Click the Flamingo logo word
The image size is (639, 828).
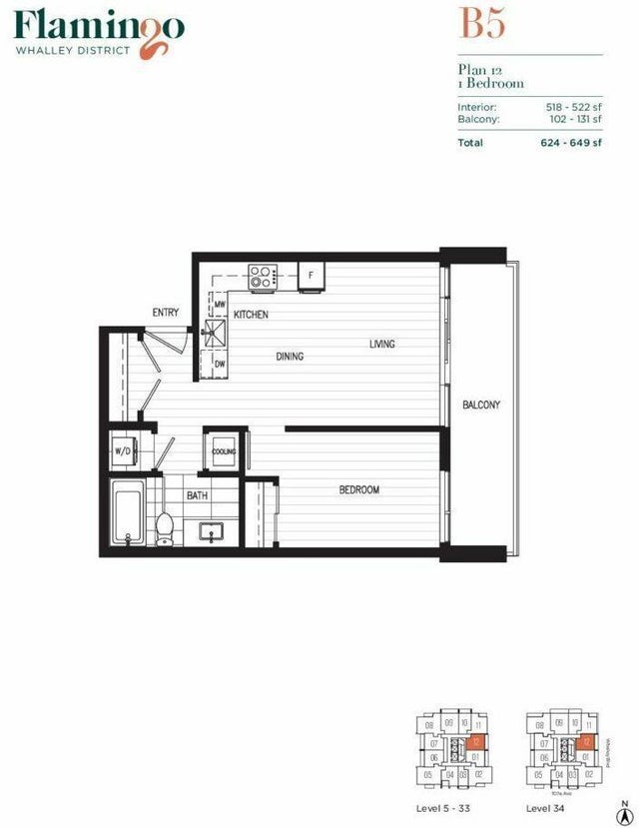tap(98, 27)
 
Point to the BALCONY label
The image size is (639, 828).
tap(480, 406)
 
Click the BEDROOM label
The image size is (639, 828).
tap(358, 490)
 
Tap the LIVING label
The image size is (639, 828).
tap(382, 345)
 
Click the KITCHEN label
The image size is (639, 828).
tap(251, 316)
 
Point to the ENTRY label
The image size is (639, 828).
tap(166, 314)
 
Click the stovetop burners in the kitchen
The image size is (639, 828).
tap(263, 276)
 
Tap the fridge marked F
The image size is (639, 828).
tap(311, 276)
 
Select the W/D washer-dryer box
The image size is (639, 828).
tap(124, 451)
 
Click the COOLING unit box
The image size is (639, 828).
tap(224, 451)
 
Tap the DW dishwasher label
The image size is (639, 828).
tap(220, 365)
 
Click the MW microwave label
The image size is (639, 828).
tap(220, 305)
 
